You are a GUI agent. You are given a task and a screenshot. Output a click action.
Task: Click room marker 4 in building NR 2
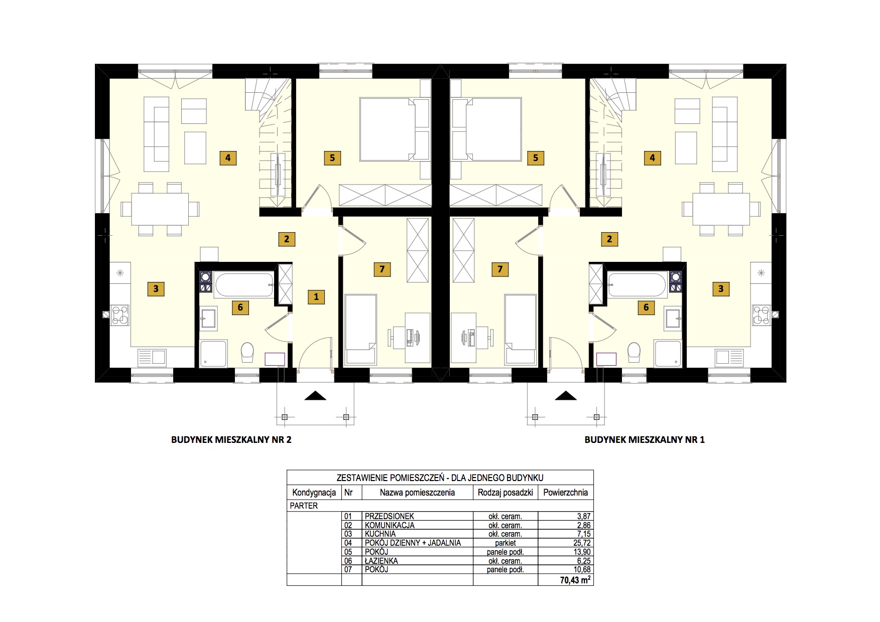228,158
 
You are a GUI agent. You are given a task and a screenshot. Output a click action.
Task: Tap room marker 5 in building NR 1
536,158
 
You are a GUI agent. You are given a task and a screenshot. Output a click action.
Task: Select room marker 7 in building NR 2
382,269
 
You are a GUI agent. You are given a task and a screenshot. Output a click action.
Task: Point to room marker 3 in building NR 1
721,288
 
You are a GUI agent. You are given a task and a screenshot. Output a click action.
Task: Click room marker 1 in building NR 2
316,296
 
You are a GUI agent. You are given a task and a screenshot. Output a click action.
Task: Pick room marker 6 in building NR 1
646,307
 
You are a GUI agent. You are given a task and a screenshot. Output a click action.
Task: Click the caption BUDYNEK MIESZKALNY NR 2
231,440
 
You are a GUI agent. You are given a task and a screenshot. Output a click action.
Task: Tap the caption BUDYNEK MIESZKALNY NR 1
645,440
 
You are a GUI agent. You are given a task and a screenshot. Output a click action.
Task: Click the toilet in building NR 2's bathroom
247,352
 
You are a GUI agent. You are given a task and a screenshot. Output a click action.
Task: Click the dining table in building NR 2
160,209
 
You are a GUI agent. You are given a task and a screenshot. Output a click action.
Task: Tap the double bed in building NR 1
486,129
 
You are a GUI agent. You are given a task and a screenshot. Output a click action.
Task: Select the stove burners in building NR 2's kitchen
120,315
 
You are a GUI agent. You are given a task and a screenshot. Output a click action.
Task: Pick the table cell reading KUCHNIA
380,534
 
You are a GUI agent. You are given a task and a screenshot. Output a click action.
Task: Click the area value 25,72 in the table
582,543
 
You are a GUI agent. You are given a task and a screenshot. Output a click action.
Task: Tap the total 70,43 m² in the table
575,580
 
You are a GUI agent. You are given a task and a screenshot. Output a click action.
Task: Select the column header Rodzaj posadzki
505,493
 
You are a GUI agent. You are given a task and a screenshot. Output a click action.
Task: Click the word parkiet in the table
505,543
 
